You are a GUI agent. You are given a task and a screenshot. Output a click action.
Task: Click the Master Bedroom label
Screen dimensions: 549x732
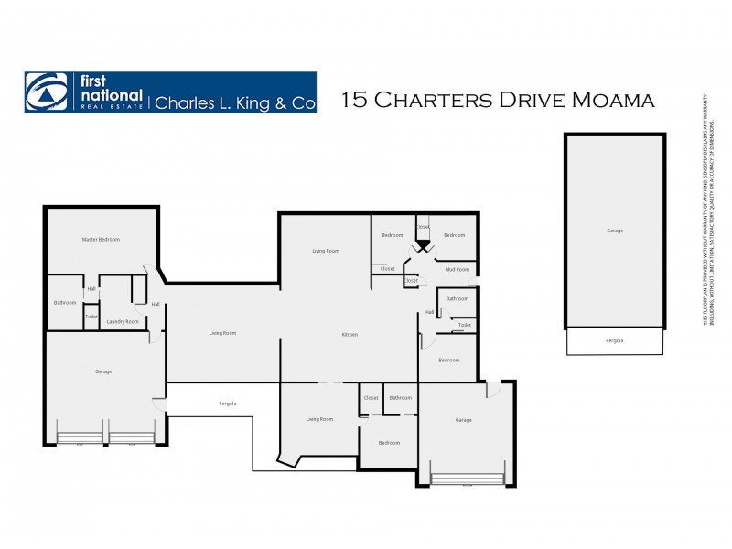[x=101, y=239]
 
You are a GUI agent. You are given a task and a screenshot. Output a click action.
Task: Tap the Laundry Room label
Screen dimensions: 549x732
[x=123, y=321]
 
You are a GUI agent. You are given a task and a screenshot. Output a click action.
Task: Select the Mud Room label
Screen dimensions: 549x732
[x=457, y=269]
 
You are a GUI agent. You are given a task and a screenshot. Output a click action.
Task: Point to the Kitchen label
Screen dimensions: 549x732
[x=350, y=335]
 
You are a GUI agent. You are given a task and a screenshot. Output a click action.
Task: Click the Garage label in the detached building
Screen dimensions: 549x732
[x=615, y=231]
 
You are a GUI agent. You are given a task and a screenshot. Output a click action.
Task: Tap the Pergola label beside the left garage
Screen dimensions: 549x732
[x=228, y=404]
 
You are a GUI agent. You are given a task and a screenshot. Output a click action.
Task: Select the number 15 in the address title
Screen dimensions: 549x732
[x=352, y=101]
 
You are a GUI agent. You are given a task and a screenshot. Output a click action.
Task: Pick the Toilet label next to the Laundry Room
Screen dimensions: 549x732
[x=91, y=317]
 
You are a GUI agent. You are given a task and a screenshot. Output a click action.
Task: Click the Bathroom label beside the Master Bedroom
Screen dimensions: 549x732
[x=65, y=303]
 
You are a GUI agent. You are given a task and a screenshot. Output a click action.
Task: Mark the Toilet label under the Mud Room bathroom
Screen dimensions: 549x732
[x=465, y=325]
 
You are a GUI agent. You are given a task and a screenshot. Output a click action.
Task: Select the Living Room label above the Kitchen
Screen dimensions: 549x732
[x=326, y=251]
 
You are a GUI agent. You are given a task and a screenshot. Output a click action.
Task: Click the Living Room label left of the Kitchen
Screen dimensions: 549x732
[x=222, y=333]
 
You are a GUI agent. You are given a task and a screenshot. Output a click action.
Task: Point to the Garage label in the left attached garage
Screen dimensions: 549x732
[x=103, y=371]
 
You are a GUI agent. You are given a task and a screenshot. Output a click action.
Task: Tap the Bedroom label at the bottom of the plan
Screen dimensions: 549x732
[x=390, y=443]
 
